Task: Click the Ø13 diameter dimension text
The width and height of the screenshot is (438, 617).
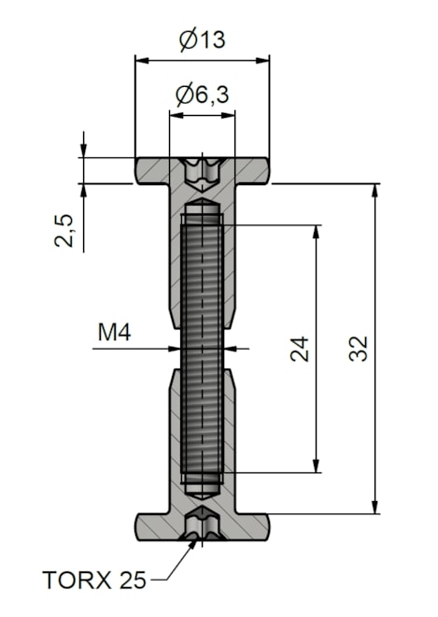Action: [x=202, y=40]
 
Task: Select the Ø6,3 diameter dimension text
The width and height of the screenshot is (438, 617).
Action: [x=202, y=94]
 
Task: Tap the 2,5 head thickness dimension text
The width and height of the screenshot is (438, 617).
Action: [x=64, y=231]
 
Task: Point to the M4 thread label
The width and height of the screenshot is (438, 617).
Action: [x=114, y=333]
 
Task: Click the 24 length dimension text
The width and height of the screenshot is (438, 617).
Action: [x=300, y=349]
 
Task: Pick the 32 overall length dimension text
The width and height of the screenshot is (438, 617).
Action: [x=359, y=349]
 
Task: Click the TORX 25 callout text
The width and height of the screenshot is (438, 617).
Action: [x=94, y=580]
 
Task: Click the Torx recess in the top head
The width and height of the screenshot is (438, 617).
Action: [x=202, y=172]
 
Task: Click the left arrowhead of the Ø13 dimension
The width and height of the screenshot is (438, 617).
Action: [x=142, y=61]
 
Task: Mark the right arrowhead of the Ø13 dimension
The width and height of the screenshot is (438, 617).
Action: [x=262, y=61]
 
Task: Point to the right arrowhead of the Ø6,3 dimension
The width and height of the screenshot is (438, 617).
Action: [x=229, y=115]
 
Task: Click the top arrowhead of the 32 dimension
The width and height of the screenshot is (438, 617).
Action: [x=375, y=191]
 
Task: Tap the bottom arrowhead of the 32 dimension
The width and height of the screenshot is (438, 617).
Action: [x=375, y=507]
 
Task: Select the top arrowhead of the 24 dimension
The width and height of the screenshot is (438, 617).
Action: [x=316, y=232]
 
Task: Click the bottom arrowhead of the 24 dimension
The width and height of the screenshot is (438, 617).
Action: [x=316, y=466]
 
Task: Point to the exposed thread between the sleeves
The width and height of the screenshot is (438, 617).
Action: [x=202, y=349]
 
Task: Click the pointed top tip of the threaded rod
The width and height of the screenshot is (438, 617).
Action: [x=202, y=199]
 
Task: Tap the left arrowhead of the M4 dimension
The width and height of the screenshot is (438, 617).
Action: [x=174, y=349]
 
